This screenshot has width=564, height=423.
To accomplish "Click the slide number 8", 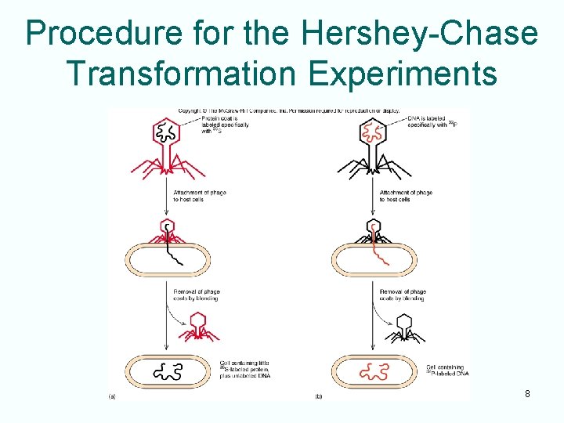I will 527,393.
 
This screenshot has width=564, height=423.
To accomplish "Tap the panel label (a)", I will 112,396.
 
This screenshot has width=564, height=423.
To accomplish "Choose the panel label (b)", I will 319,396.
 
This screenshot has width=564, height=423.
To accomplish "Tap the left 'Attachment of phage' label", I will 201,195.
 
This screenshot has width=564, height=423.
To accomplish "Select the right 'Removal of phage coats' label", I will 403,295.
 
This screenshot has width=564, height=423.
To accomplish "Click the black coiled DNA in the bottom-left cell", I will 168,372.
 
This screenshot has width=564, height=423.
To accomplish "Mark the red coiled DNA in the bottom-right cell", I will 373,372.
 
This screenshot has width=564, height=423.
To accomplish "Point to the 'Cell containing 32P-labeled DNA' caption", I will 446,370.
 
